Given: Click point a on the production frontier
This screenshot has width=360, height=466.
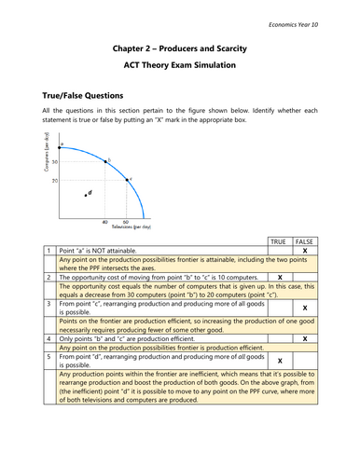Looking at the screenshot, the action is coord(62,146).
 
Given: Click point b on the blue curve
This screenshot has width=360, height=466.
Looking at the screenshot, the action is coord(105,163).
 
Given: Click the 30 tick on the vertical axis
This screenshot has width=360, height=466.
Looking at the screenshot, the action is coord(54,163).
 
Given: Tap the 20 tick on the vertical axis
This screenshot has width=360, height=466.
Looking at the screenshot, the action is coord(54,179).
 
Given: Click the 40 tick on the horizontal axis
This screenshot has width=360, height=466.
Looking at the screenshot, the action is coord(104,221).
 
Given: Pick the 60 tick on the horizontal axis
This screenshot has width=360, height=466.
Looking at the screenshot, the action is coord(126,221).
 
